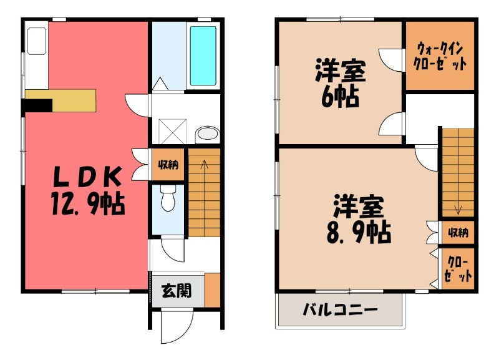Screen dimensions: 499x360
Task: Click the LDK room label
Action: (x=87, y=177)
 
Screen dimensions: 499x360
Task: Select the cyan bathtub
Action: (x=203, y=56)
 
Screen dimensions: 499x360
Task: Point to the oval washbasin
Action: (x=208, y=133)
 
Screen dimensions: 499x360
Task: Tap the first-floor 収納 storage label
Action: (x=168, y=165)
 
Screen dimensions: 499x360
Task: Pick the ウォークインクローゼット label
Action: (x=440, y=57)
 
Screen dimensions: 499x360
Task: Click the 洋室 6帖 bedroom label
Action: (x=340, y=83)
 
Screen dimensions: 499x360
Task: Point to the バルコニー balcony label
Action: (x=340, y=309)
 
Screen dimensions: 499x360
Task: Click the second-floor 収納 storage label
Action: (x=458, y=233)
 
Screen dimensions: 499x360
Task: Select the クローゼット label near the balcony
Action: (x=458, y=269)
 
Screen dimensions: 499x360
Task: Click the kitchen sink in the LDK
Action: (x=37, y=41)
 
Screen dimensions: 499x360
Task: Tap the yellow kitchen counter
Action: (x=61, y=100)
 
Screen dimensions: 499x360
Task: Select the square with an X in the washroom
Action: (x=173, y=132)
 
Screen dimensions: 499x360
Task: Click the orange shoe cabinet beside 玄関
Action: (x=212, y=290)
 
